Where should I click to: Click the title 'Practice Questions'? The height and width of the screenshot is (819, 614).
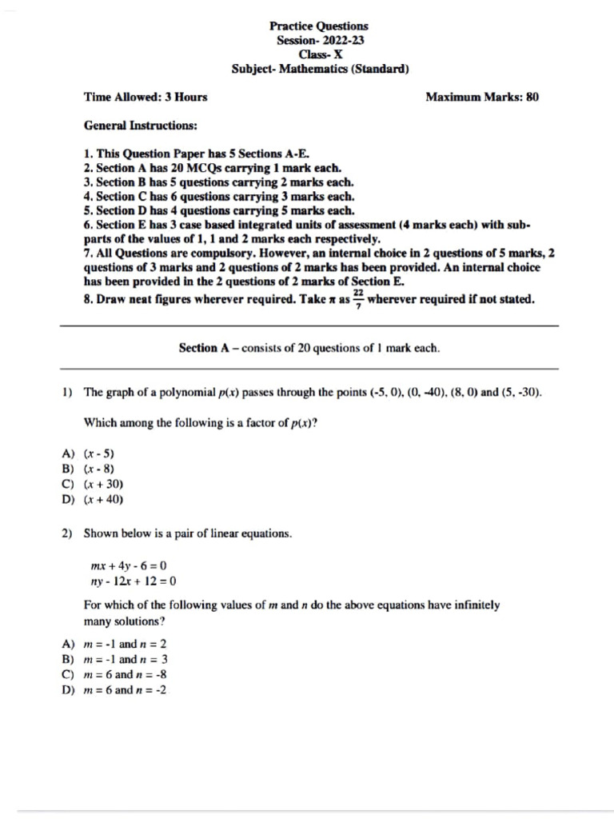click(319, 26)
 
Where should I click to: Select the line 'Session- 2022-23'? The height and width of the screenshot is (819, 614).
click(319, 41)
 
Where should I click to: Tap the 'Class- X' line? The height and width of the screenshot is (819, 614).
click(319, 54)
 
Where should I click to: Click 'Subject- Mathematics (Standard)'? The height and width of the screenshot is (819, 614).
click(320, 69)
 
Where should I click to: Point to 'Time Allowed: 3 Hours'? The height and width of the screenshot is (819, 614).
click(146, 98)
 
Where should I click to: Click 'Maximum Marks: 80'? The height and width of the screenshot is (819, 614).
click(482, 98)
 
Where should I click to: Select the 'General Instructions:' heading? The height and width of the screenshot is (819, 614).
click(141, 126)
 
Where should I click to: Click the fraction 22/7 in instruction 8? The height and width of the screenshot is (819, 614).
click(358, 299)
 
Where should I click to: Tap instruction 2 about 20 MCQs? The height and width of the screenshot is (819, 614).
click(212, 168)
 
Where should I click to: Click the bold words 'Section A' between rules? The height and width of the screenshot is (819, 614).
click(197, 348)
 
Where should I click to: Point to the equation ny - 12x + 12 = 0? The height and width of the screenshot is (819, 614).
click(134, 581)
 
